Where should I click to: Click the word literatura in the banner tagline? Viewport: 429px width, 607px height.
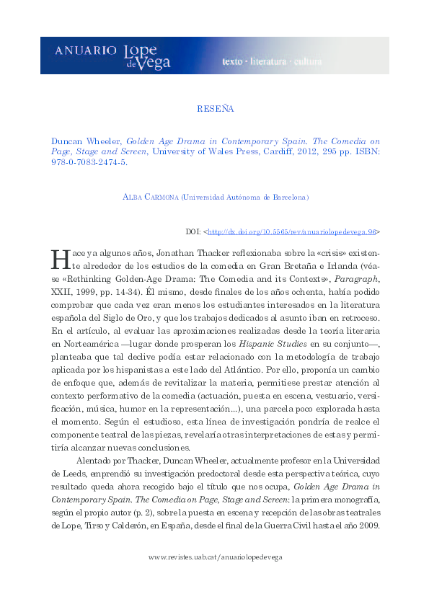point(267,61)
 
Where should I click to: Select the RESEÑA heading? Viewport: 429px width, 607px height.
point(215,110)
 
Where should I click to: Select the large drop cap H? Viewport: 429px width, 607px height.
point(61,257)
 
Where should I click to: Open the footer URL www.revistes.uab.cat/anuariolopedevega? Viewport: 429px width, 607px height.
point(216,558)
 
